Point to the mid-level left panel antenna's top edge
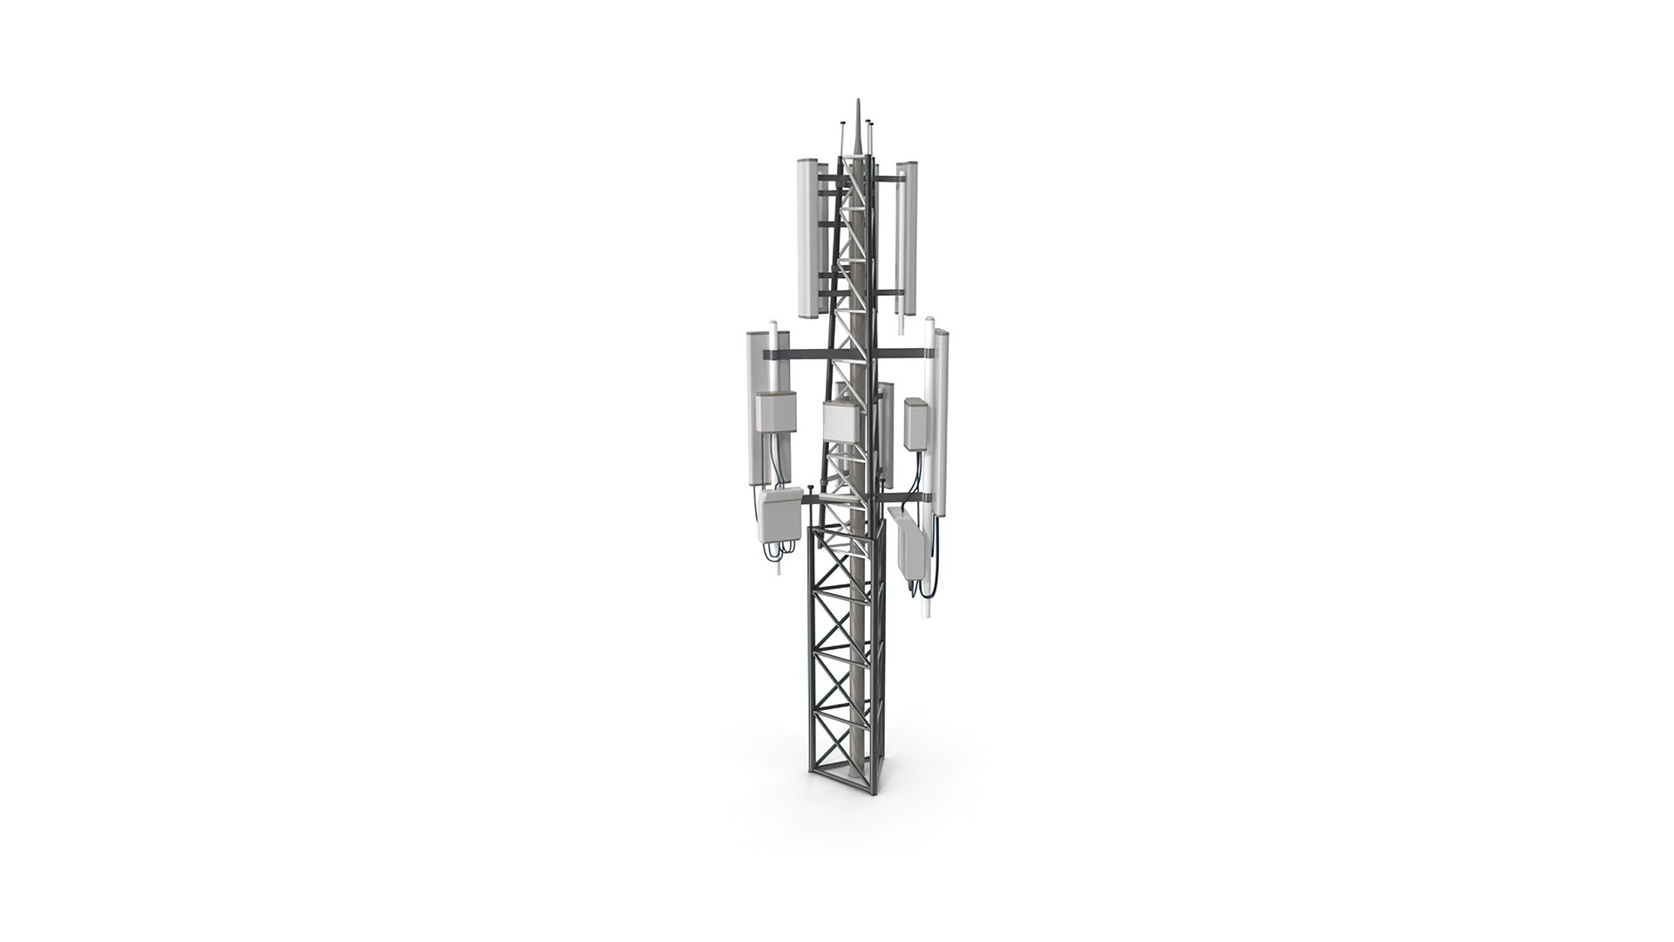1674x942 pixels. click(x=150, y=334)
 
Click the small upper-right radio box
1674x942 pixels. click(x=916, y=422)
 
